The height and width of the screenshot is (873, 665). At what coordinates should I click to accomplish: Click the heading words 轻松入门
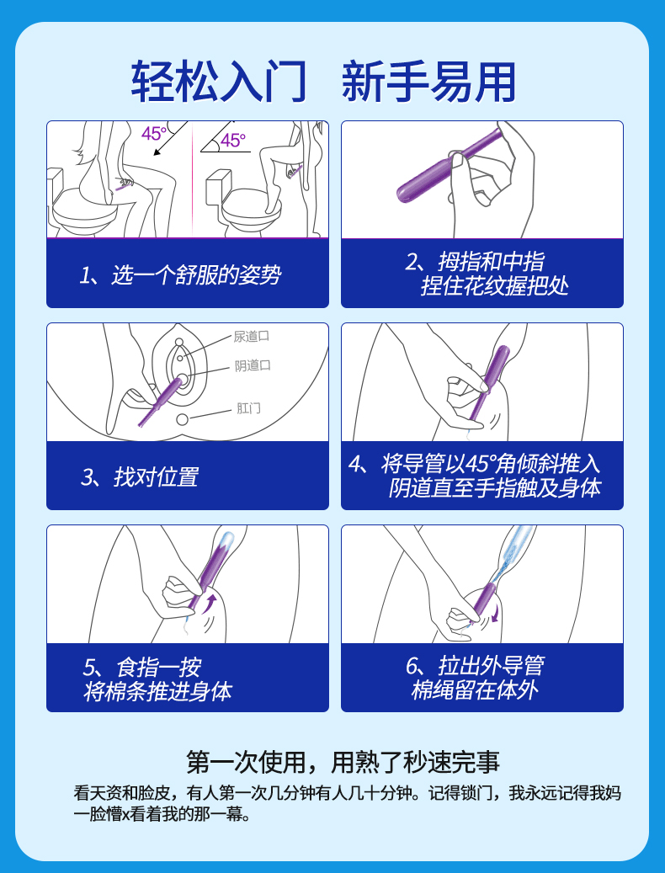tap(219, 82)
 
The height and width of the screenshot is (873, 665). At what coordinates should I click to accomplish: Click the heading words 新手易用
tap(428, 82)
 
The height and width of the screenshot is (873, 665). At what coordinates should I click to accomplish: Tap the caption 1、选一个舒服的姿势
tap(180, 275)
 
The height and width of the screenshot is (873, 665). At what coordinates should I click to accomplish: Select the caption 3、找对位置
tap(140, 477)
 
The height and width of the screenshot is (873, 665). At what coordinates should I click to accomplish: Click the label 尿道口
tap(252, 336)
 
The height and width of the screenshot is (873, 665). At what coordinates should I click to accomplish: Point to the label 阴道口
tap(253, 365)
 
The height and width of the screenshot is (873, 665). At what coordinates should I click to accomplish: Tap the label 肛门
tap(248, 408)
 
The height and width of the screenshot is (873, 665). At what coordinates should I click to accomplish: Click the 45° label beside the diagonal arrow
tap(153, 134)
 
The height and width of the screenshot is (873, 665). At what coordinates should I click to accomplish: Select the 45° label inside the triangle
tap(233, 141)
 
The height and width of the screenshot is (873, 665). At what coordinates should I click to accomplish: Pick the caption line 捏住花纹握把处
tap(495, 286)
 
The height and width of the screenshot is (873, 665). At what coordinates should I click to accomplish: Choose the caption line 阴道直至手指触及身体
tap(495, 488)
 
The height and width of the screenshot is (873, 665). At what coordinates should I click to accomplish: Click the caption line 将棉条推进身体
tap(157, 691)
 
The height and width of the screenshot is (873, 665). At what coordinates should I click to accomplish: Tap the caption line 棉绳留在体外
tap(475, 690)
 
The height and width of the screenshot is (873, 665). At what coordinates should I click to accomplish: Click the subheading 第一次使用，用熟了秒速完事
tap(343, 762)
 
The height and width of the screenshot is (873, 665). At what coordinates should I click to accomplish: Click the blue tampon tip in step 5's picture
tap(227, 540)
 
